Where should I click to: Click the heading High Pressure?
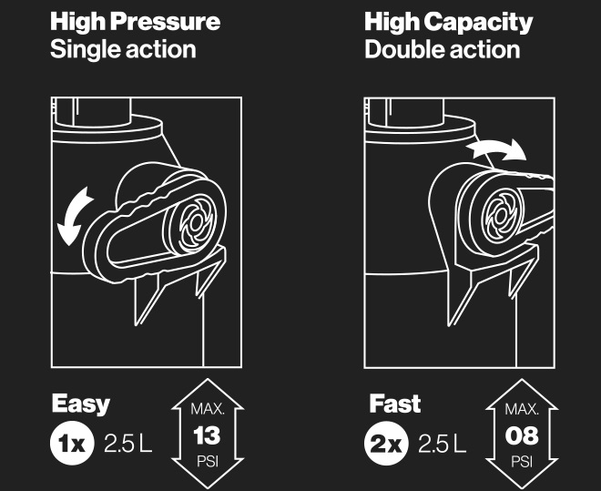[x=136, y=22]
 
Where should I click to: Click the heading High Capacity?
[x=448, y=22]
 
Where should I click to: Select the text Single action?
[x=123, y=50]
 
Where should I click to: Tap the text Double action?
[x=443, y=50]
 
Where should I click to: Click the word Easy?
[x=81, y=404]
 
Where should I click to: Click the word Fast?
[x=395, y=404]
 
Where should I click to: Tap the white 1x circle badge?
[x=72, y=443]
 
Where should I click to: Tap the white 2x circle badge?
[x=386, y=444]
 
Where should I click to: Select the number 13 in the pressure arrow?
[x=207, y=435]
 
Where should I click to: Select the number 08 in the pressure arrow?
[x=522, y=435]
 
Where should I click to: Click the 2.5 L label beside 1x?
[x=128, y=444]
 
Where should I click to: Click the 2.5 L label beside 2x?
[x=442, y=444]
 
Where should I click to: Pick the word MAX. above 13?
[x=208, y=409]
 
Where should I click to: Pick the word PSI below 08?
[x=522, y=462]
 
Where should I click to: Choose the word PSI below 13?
[x=208, y=462]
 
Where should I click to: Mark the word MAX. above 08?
[x=522, y=409]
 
